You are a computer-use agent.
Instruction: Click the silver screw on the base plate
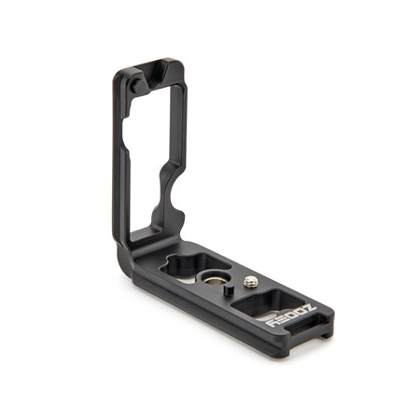(250, 282)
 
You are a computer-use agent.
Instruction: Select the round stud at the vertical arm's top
(137, 86)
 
